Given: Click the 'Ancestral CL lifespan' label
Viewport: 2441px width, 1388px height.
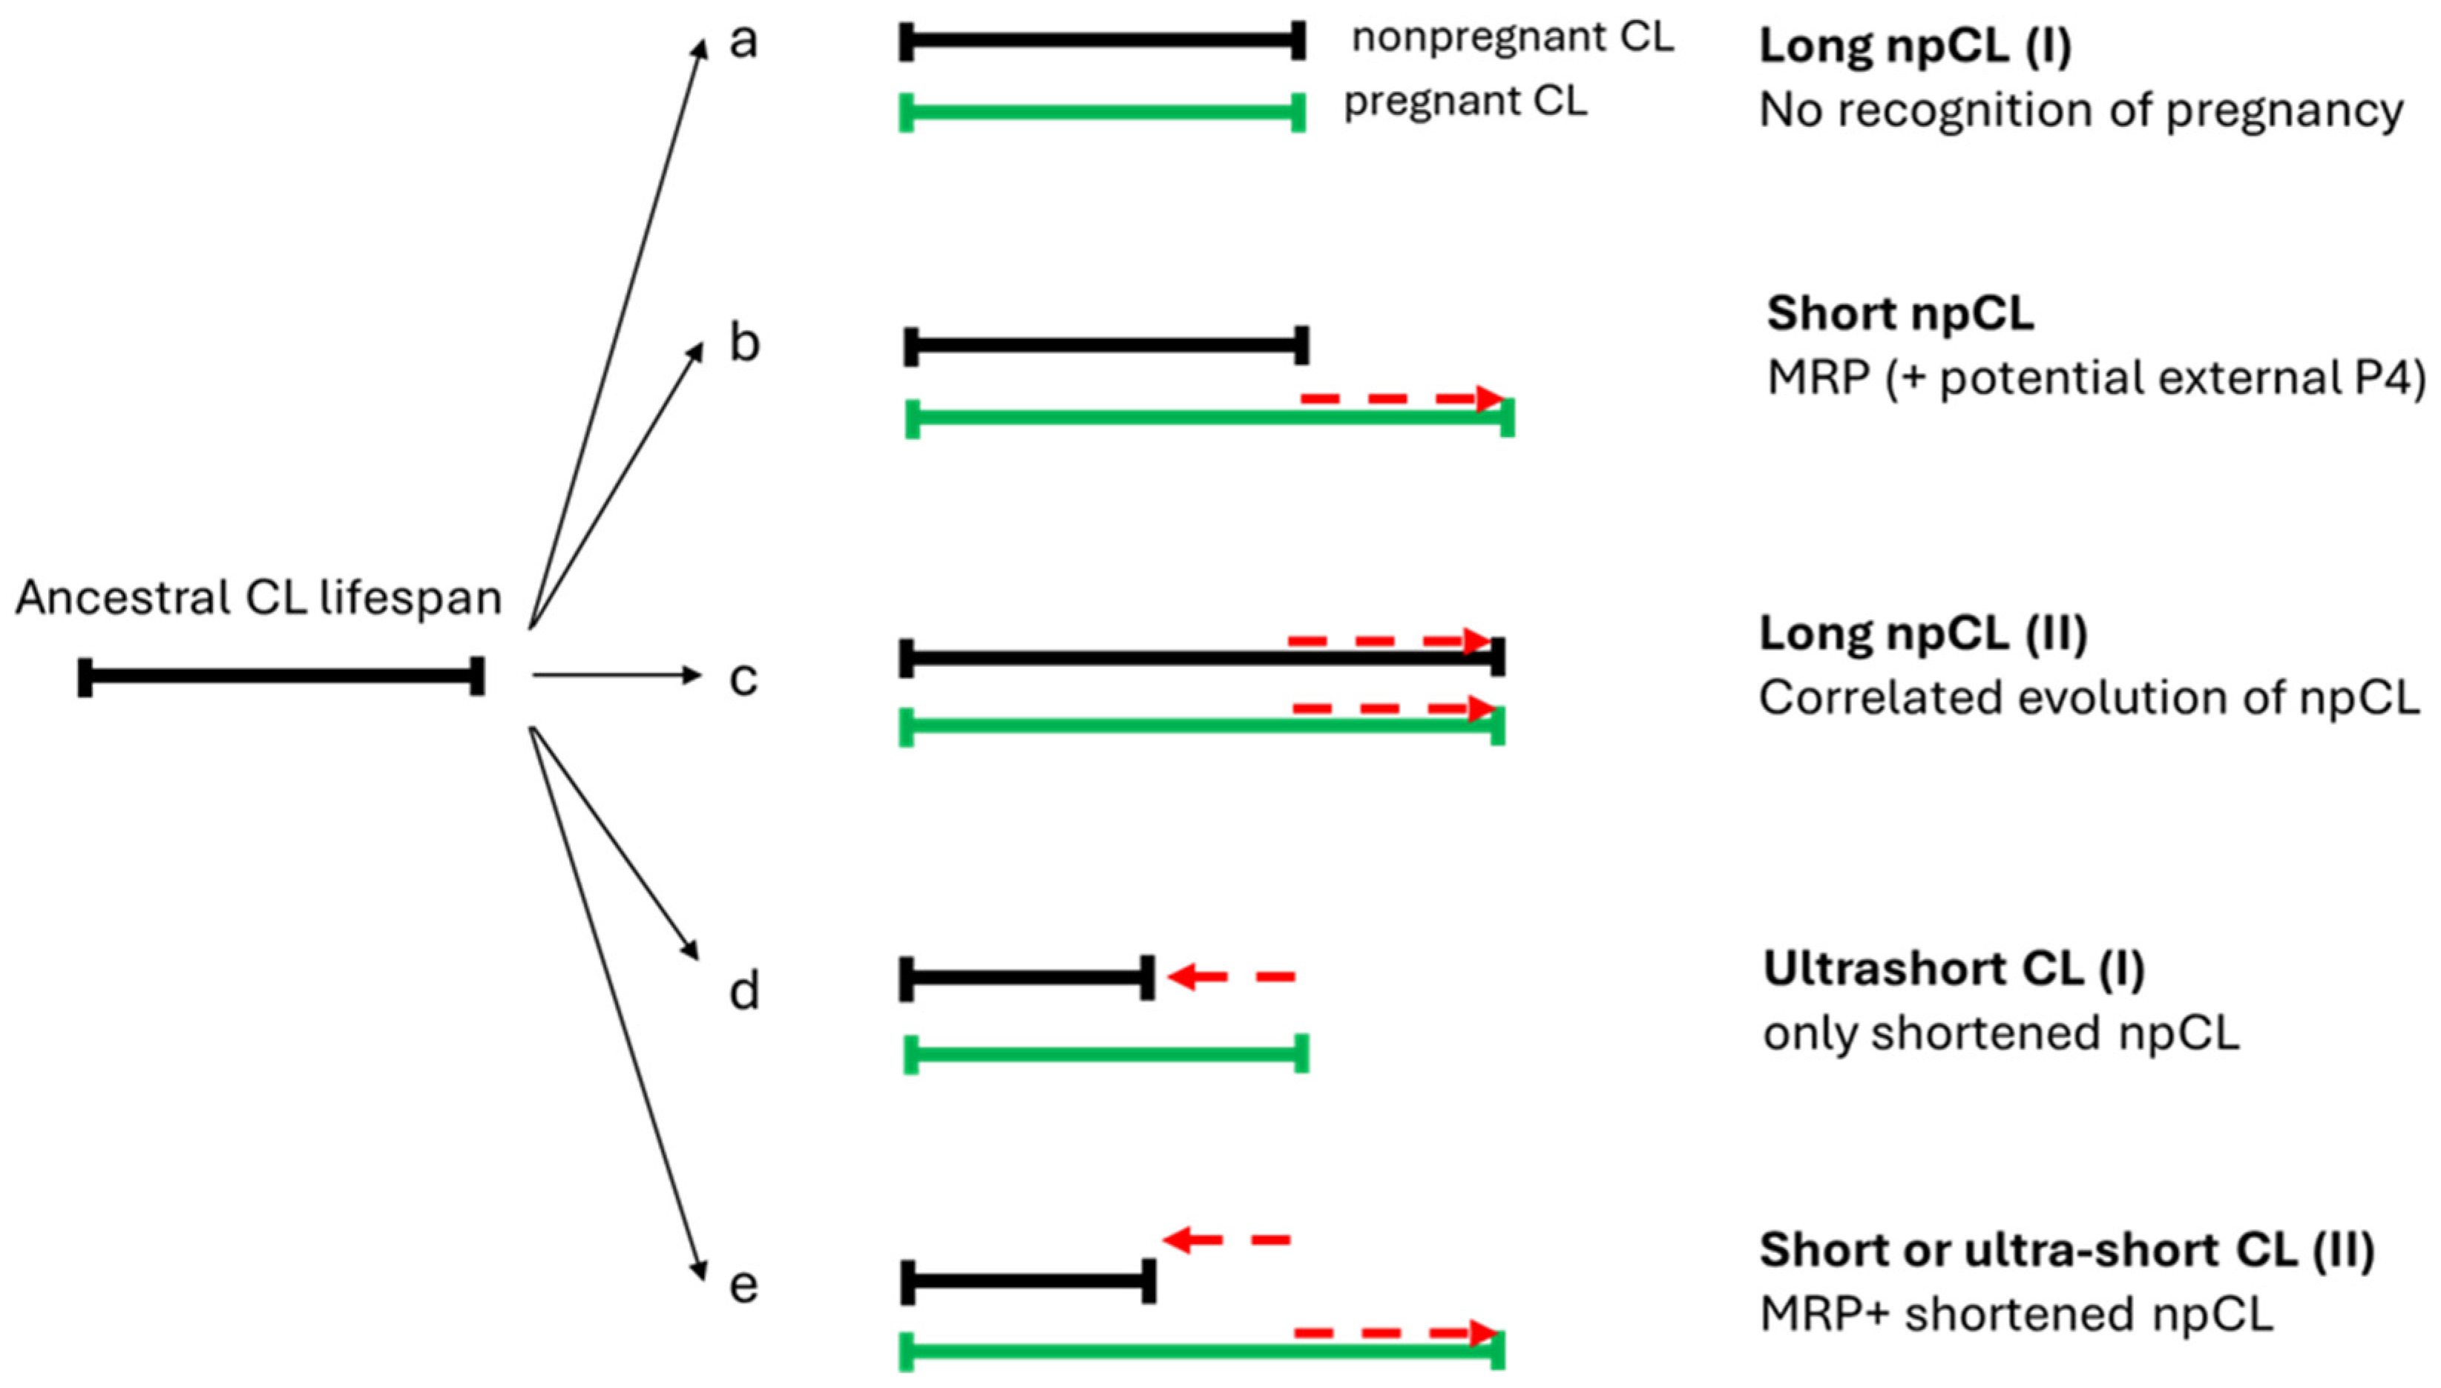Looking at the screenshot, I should (x=258, y=599).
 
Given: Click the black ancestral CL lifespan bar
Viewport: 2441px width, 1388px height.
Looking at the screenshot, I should (x=281, y=676).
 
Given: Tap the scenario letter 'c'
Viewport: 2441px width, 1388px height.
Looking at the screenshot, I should (x=743, y=679).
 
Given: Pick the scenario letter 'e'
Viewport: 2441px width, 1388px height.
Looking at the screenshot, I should (x=743, y=1284).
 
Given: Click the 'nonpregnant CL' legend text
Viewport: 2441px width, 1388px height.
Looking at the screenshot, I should (x=1513, y=38).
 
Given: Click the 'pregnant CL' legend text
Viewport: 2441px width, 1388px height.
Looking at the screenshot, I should (x=1465, y=101).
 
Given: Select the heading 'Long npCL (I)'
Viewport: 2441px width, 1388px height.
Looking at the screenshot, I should (x=1914, y=46).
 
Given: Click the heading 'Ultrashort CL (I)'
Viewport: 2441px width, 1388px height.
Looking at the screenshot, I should (x=1953, y=970).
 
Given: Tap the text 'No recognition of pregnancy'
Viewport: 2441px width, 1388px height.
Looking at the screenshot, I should (x=2080, y=111).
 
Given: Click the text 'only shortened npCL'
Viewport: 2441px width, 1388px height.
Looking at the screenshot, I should (x=2000, y=1034).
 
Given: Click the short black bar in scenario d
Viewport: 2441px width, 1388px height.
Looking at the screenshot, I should (x=1027, y=977).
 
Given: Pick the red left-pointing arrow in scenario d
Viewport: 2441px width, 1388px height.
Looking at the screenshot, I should (x=1230, y=977).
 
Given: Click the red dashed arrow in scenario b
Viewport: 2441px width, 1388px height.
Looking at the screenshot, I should (x=1401, y=398).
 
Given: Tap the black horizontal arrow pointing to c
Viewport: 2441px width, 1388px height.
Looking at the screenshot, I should (x=616, y=676).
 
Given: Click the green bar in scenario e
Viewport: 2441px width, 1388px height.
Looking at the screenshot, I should (x=1201, y=1351).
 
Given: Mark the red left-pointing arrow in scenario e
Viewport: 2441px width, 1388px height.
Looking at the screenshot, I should (x=1226, y=1240).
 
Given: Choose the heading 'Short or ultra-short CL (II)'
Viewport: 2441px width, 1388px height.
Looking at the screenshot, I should (x=2066, y=1251).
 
